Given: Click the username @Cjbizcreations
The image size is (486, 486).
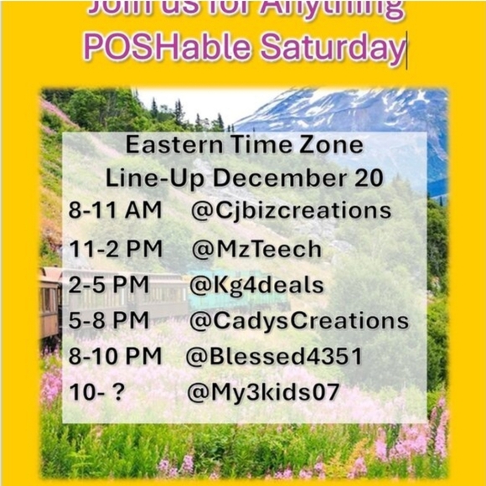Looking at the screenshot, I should pos(291,210).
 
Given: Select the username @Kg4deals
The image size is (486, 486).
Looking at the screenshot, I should pos(256,285).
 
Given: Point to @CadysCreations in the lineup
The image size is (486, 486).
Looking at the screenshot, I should pos(299,321).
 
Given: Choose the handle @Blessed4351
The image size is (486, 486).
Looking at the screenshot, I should pos(274,356).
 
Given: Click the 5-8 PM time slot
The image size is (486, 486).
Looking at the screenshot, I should pos(109,321).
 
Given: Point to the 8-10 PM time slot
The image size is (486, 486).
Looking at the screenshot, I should pos(116,356).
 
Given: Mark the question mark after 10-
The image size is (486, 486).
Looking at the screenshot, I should pos(117,392).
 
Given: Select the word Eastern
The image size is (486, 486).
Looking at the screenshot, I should pos(173,144).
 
